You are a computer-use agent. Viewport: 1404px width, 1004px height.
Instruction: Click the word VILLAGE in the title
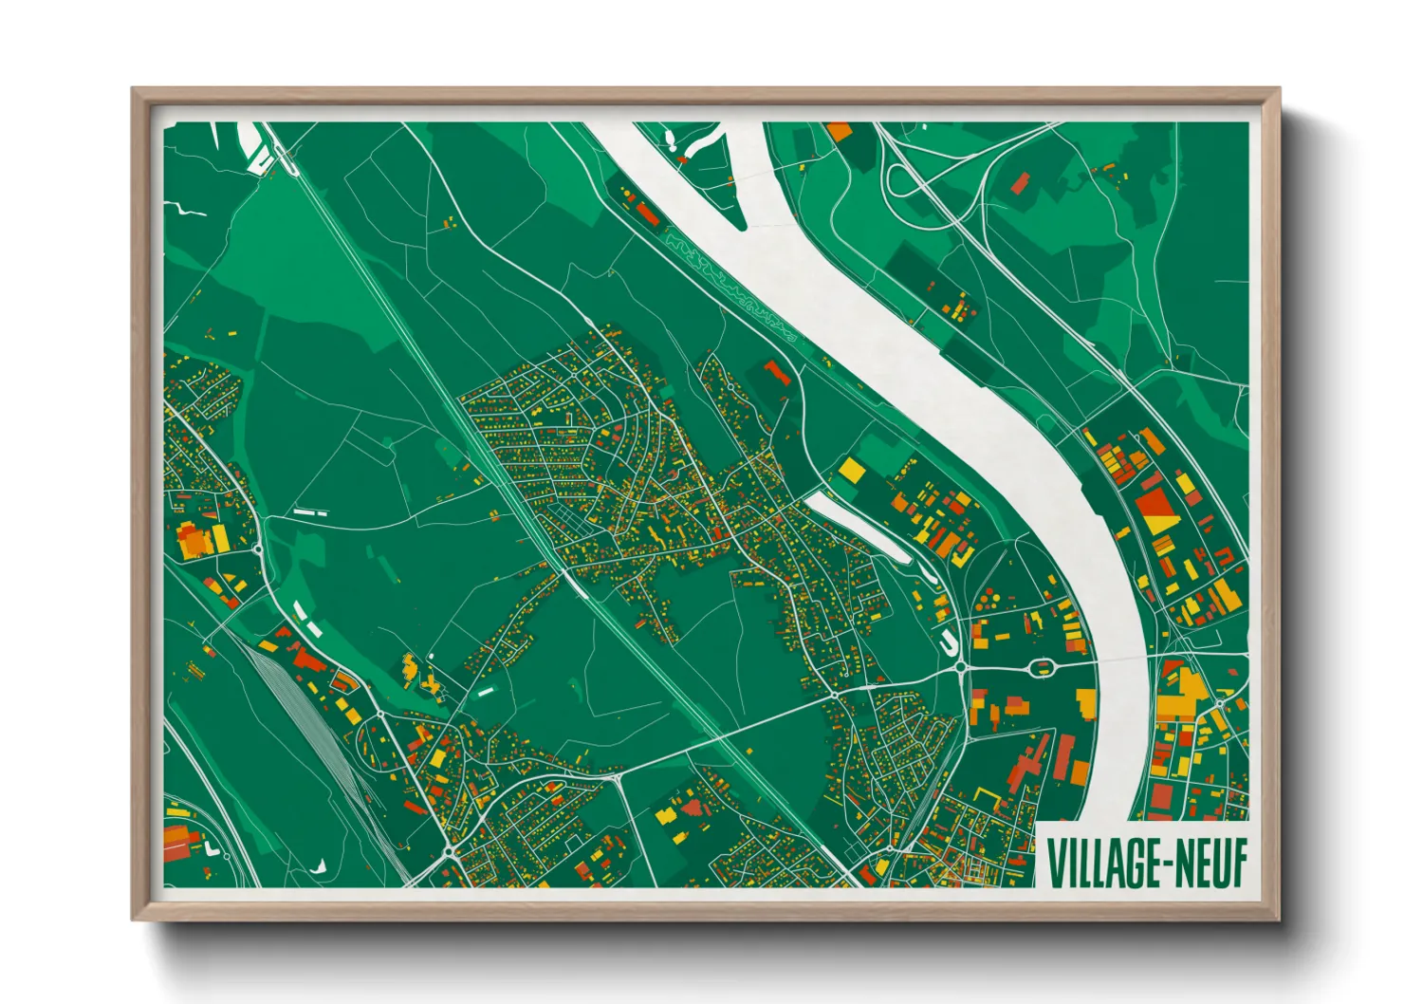tap(1104, 862)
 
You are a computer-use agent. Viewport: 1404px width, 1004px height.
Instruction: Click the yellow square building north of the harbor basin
tap(851, 469)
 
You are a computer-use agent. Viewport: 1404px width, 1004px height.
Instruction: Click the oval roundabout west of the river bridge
tap(1044, 667)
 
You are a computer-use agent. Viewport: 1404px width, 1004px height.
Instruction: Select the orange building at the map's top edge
tap(839, 132)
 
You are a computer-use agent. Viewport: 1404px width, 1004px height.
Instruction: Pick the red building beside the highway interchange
tap(1020, 182)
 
